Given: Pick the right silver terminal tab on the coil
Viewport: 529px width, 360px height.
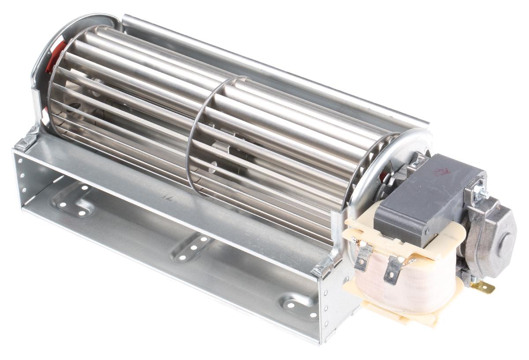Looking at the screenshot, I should coord(392,270).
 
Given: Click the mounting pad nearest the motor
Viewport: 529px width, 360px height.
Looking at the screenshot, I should coord(300,304).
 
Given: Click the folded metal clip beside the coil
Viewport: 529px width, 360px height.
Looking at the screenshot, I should coord(324,266).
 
